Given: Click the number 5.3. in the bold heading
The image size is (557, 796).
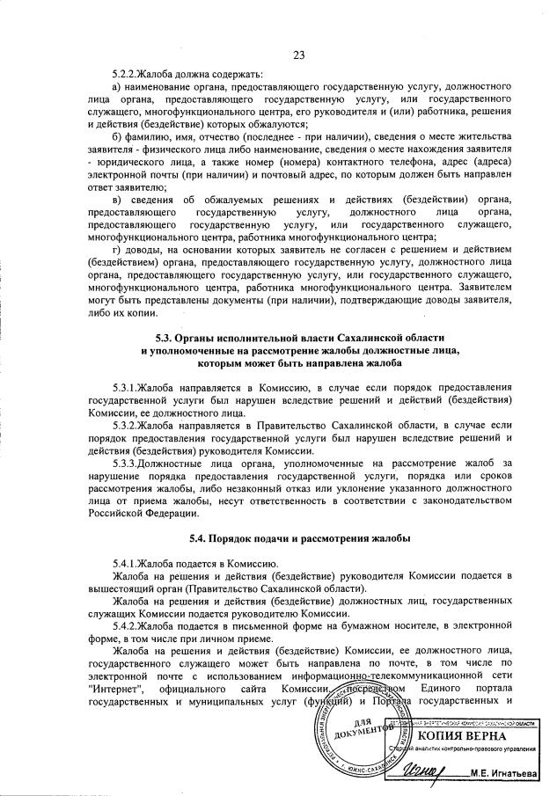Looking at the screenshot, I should click(165, 339).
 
